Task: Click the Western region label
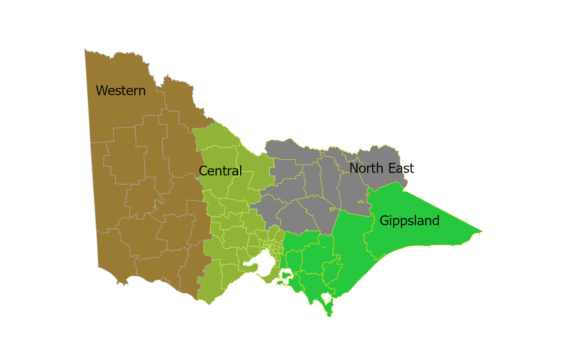120,91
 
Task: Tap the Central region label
220,171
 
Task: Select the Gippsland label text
409,221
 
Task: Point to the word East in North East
400,168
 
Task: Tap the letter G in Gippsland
384,221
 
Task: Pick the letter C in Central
203,171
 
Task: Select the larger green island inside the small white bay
287,275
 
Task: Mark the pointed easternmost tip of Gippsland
481,231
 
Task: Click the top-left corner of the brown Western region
85,49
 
